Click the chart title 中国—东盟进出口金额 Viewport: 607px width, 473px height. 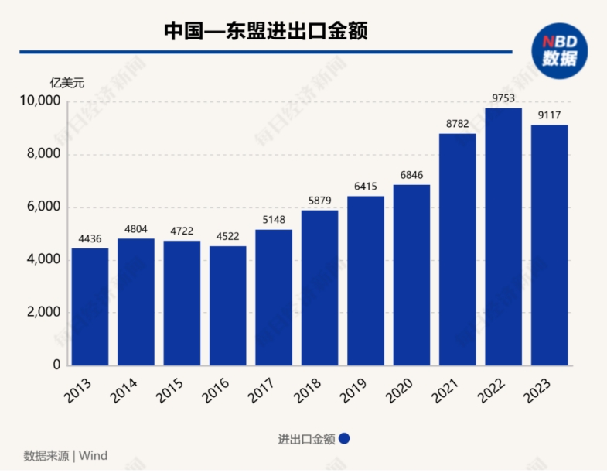click(x=265, y=30)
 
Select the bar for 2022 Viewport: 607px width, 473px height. click(x=503, y=236)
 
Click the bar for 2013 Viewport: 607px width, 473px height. click(x=90, y=307)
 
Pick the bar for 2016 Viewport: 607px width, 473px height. click(x=227, y=306)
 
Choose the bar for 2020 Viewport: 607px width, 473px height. click(x=411, y=275)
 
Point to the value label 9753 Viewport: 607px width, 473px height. click(x=503, y=98)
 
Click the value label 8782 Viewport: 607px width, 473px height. click(x=458, y=124)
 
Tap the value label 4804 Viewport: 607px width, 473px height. click(x=135, y=229)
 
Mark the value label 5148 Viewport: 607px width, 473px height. click(x=274, y=220)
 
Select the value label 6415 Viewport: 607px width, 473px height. click(x=366, y=187)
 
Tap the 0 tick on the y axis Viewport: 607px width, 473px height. click(x=56, y=365)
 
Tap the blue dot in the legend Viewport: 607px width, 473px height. click(x=345, y=438)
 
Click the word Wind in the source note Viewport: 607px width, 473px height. click(x=94, y=455)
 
